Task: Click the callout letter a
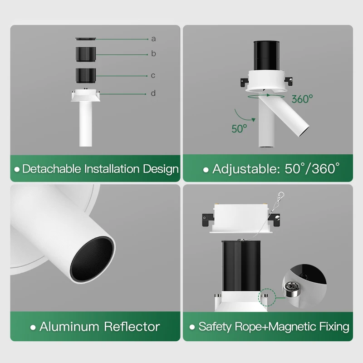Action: click(x=153, y=39)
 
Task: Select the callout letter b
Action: click(x=153, y=54)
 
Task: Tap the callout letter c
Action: click(x=153, y=75)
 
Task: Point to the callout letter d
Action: click(x=153, y=93)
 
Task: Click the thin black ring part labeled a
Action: click(x=85, y=38)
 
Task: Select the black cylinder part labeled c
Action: click(x=85, y=75)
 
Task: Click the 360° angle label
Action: click(x=302, y=99)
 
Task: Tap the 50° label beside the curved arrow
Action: click(x=239, y=128)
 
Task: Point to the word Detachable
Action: click(x=52, y=169)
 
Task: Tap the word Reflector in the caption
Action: click(x=132, y=326)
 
